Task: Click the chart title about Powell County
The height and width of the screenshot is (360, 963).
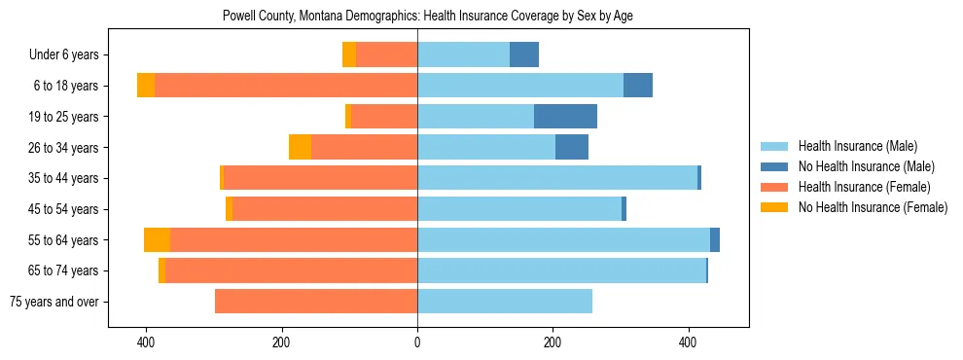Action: pos(428,17)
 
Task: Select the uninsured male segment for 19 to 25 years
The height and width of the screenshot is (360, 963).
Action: pos(565,117)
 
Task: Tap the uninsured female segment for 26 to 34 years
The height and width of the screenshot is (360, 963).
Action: pos(300,147)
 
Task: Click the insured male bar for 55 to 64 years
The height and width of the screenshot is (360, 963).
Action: pos(563,239)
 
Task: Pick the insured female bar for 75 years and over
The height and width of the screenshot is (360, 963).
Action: pos(316,302)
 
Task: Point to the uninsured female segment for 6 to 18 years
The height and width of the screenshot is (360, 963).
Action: pos(146,86)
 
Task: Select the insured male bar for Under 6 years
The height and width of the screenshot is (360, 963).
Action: pos(463,54)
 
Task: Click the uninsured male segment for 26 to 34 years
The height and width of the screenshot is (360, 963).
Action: pos(572,147)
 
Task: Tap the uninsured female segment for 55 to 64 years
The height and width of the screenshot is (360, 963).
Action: pos(157,239)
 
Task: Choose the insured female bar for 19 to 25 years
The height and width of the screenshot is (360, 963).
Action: pos(383,117)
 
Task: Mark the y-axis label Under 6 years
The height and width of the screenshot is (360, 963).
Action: pos(70,55)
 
